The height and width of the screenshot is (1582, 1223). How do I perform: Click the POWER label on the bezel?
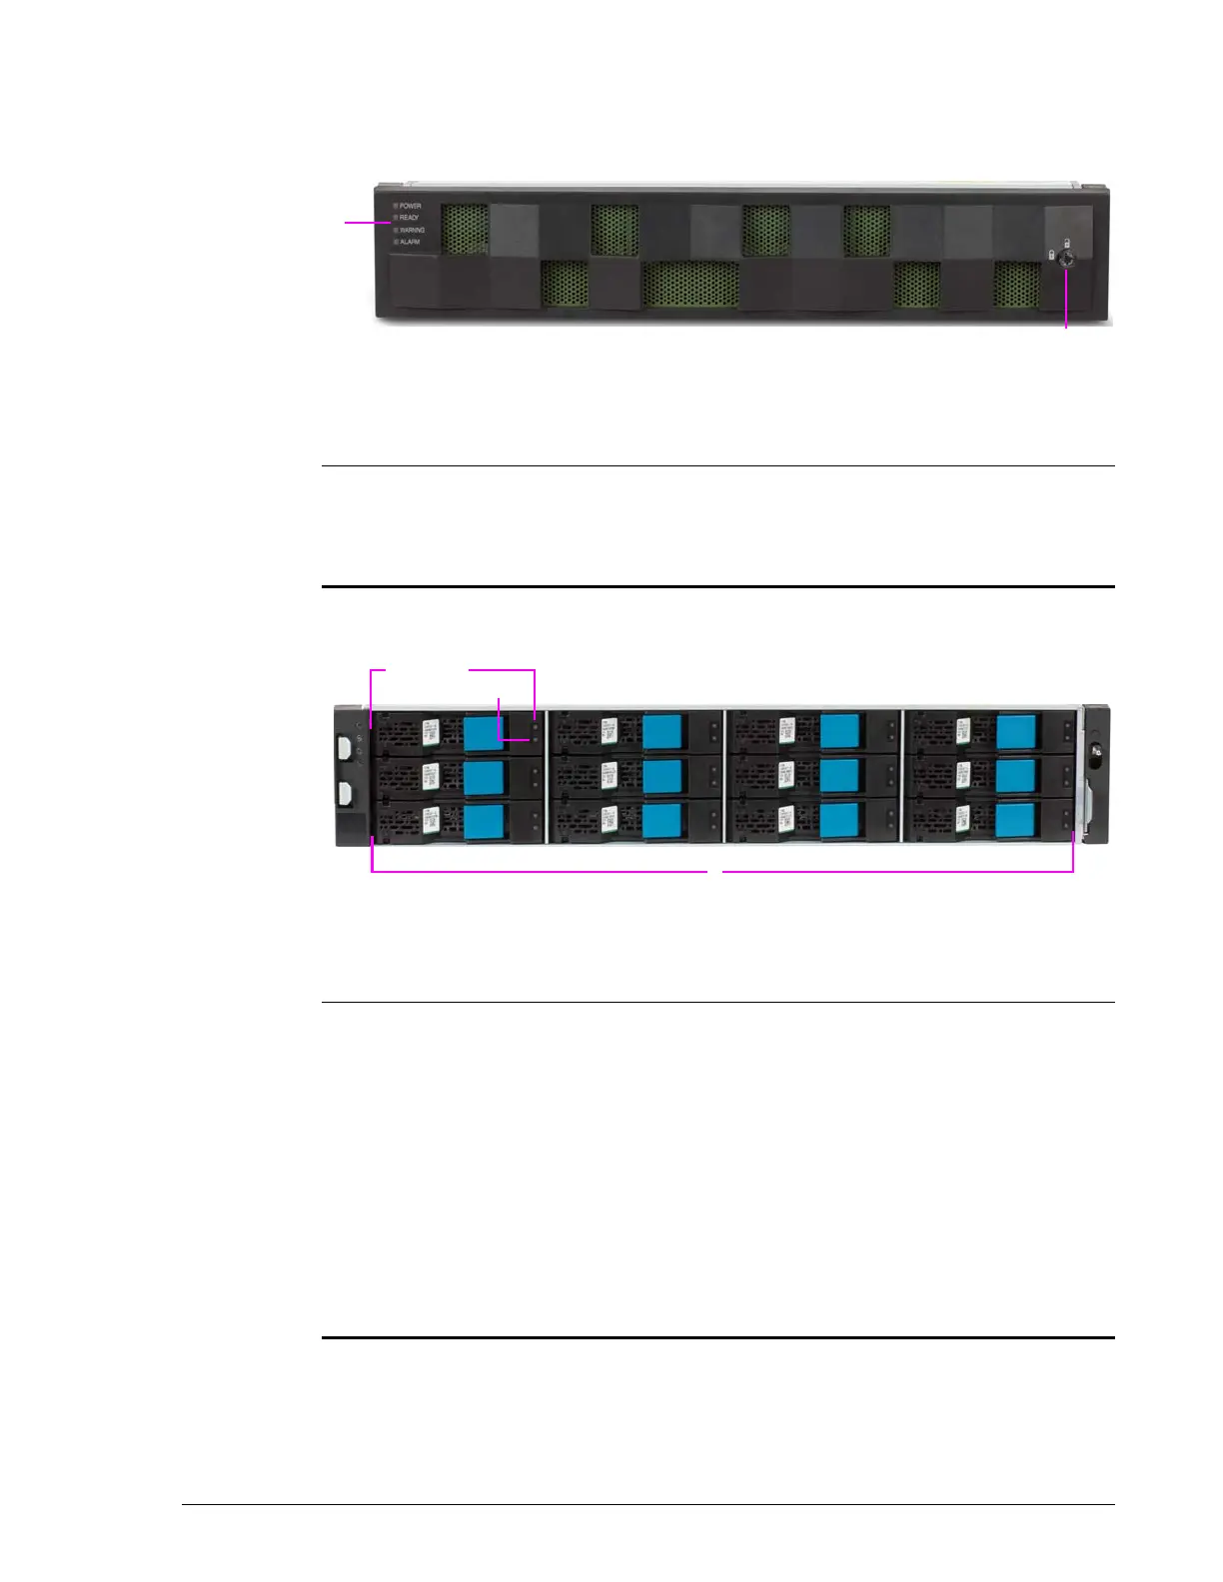coord(410,206)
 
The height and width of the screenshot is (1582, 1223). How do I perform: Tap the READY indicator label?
coord(409,217)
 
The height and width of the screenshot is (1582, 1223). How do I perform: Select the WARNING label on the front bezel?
coord(412,230)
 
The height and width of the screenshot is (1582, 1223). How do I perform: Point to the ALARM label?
coord(409,242)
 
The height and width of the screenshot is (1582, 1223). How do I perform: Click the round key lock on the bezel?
coord(1066,257)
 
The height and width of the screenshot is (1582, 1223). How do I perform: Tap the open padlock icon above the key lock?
coord(1067,243)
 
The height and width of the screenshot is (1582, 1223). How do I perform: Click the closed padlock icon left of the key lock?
coord(1051,256)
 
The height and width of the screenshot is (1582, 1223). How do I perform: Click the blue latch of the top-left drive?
coord(485,731)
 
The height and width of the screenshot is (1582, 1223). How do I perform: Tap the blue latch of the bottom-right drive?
coord(1016,821)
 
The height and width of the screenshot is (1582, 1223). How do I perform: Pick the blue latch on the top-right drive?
coord(1016,731)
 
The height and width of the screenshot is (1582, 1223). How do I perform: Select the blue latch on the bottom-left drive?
coord(485,821)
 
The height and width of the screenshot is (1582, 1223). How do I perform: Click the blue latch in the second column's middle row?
coord(661,776)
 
